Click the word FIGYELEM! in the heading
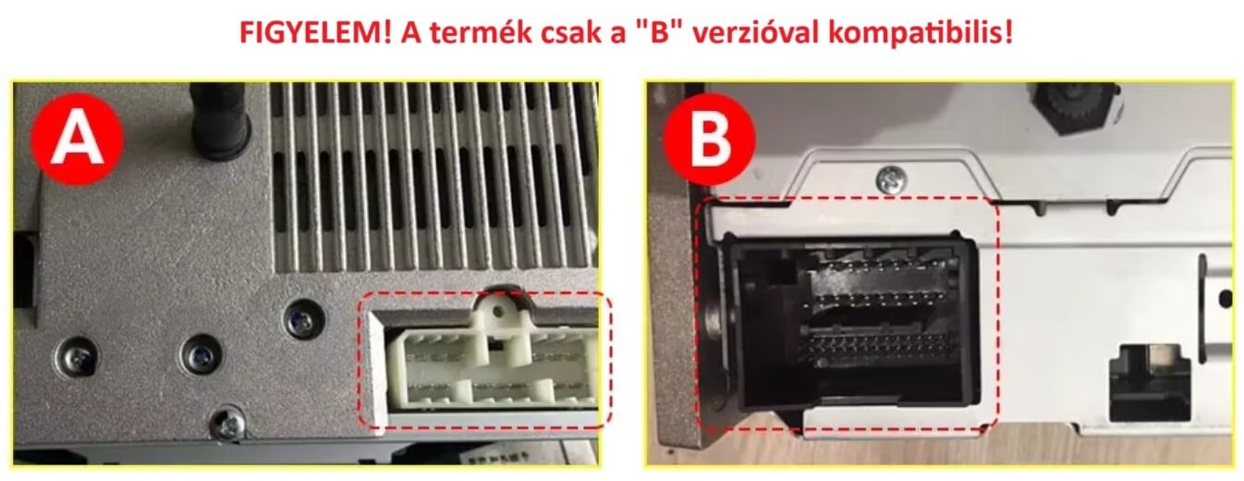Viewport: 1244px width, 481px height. [315, 31]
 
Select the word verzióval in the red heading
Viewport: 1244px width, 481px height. [756, 32]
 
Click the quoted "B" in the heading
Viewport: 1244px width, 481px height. [659, 31]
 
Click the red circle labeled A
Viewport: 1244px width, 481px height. [78, 139]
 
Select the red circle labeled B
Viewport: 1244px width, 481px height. [709, 139]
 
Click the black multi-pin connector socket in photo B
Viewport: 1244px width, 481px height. [853, 323]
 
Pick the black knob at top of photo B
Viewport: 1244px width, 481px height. [1075, 107]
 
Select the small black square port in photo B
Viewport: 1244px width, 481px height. [1150, 384]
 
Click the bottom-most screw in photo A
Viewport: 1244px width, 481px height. [228, 425]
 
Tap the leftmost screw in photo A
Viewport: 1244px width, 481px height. [78, 358]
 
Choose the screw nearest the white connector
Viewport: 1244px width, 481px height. [304, 319]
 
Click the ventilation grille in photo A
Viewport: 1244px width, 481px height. [433, 176]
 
